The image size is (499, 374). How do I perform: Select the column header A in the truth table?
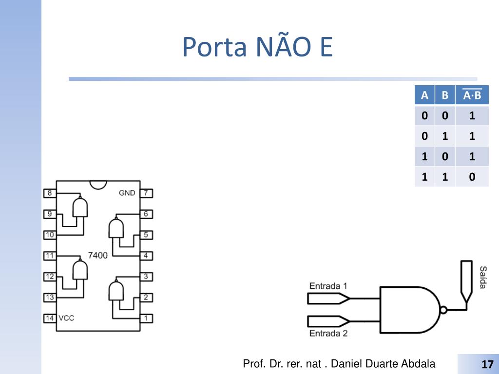(x=424, y=95)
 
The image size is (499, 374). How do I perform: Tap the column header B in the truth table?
(x=445, y=95)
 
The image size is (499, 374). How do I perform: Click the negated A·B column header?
(x=472, y=95)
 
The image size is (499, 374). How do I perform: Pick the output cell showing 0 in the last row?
(x=472, y=177)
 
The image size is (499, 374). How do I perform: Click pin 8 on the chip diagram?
(x=49, y=193)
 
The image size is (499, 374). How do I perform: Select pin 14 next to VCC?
(x=49, y=318)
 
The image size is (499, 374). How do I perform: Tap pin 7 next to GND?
(x=146, y=193)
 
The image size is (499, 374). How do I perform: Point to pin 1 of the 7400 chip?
(x=146, y=318)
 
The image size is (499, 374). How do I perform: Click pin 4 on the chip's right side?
(x=146, y=256)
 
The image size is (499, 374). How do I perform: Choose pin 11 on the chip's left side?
(x=49, y=256)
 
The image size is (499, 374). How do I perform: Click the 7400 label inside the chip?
(x=97, y=255)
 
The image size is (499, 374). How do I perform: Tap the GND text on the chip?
(x=127, y=193)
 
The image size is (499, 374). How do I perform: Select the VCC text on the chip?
(x=66, y=318)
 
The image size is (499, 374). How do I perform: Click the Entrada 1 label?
(x=328, y=286)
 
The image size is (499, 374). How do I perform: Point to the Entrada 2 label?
(x=328, y=334)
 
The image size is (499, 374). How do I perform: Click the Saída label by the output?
(x=482, y=277)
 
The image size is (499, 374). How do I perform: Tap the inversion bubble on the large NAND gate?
(x=443, y=309)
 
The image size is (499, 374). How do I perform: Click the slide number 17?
(x=487, y=364)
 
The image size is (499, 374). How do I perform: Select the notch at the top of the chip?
(x=98, y=185)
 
